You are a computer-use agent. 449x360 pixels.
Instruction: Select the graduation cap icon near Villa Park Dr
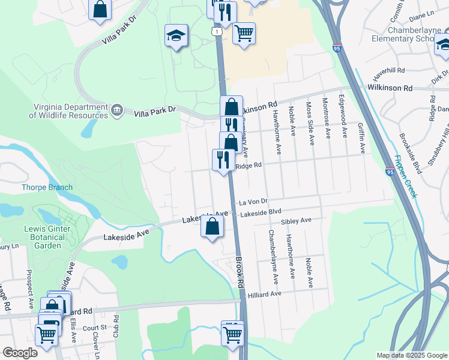tap(176, 36)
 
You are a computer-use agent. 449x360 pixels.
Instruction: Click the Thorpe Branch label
tap(47, 187)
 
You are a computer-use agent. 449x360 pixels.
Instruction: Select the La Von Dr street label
tap(252, 202)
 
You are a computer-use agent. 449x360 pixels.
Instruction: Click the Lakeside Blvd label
tap(261, 212)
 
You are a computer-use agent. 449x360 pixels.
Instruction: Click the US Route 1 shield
tap(216, 30)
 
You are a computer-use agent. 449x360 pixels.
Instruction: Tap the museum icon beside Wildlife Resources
tap(117, 110)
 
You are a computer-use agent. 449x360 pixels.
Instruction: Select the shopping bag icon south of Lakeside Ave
tap(212, 227)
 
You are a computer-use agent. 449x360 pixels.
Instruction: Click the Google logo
tap(20, 353)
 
